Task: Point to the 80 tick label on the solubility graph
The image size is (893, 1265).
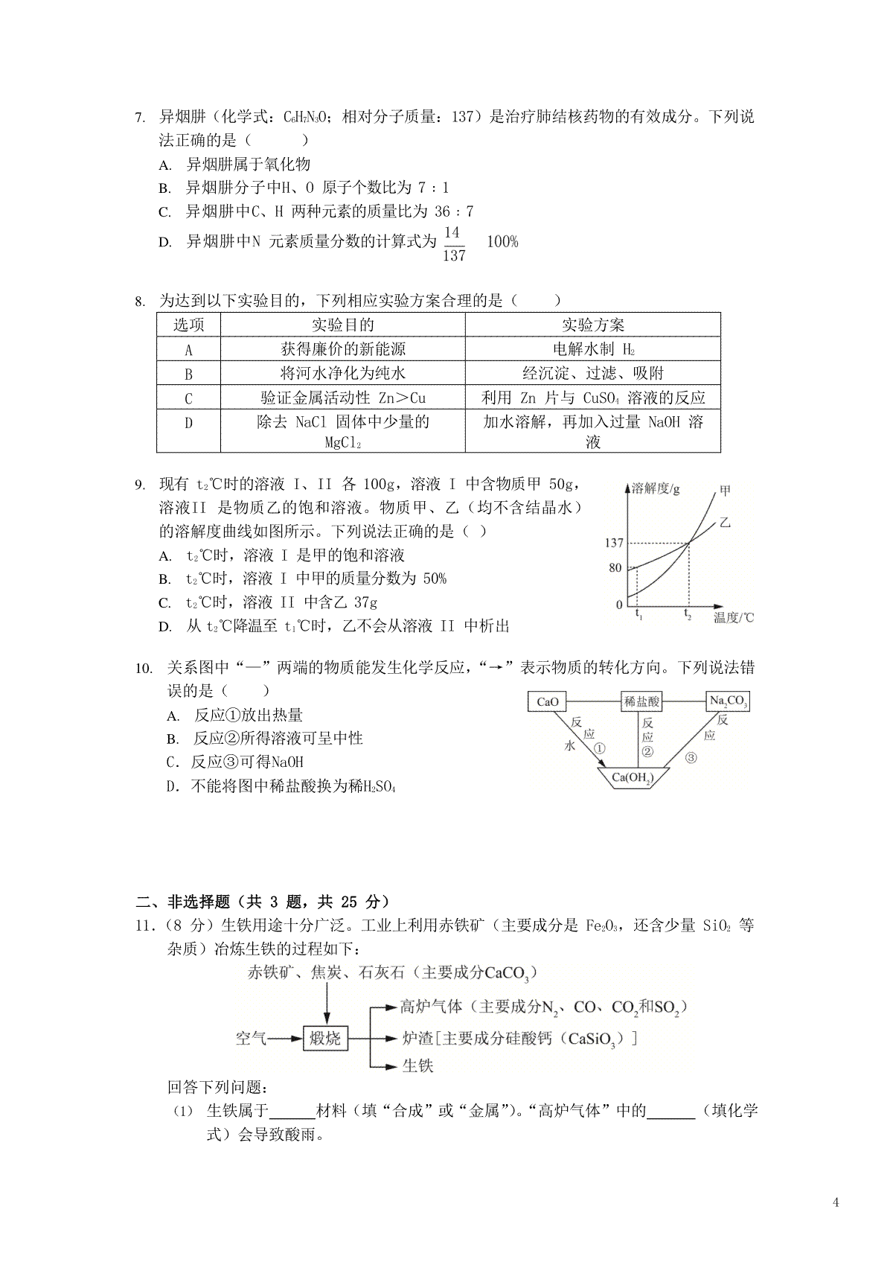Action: pos(615,568)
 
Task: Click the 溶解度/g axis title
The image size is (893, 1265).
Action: pos(655,489)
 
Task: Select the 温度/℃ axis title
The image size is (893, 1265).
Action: pos(733,617)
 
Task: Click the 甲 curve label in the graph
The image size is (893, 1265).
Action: pos(725,491)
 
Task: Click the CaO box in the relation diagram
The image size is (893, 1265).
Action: pos(547,701)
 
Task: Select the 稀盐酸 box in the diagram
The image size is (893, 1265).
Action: pos(641,701)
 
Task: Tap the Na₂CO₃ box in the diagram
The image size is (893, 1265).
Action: pos(727,701)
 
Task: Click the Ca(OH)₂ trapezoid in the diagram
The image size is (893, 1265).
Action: pos(631,778)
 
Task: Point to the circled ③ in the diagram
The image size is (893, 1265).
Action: pos(691,758)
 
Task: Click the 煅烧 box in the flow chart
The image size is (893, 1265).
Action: pos(325,1037)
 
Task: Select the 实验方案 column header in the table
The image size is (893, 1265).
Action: pos(592,325)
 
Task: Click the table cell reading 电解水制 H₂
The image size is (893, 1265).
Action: pos(592,349)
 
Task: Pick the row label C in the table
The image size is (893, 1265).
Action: pos(188,398)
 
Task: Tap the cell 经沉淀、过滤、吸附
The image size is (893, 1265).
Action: pos(592,373)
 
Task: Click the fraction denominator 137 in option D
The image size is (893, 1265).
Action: pos(453,255)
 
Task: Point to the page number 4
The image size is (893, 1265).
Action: pos(836,1202)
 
